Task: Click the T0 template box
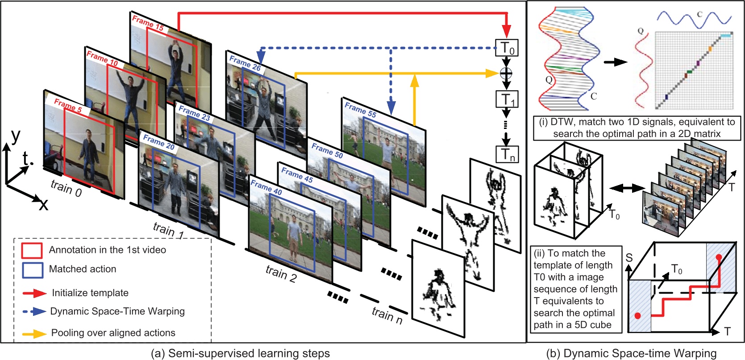tap(507, 48)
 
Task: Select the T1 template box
tap(507, 99)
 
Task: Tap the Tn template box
tap(507, 154)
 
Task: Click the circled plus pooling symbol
tap(506, 73)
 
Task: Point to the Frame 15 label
tap(148, 23)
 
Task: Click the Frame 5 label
tap(68, 106)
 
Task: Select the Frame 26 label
tap(245, 63)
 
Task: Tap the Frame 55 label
tap(360, 110)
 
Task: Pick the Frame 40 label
tap(266, 187)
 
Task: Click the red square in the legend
tap(32, 250)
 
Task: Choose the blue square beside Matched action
tap(32, 269)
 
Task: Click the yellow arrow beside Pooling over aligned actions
tap(35, 333)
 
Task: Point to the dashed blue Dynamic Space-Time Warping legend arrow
tap(35, 311)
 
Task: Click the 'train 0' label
tap(66, 188)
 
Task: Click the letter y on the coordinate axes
tap(16, 136)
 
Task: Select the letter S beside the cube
tap(629, 258)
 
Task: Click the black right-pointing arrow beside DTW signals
tap(615, 62)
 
